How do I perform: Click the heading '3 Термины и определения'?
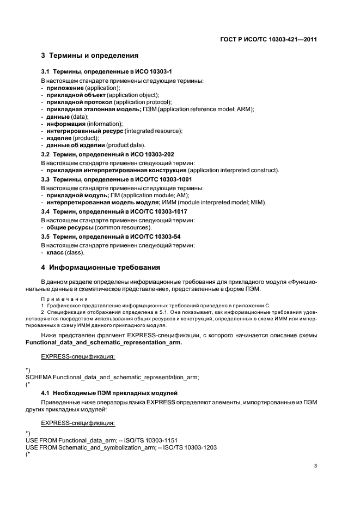coord(90,56)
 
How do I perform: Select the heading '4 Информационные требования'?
coord(101,268)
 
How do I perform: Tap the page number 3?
coord(316,466)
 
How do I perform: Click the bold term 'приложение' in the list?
coord(65,88)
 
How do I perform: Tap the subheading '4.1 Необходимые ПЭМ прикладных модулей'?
coord(109,393)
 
